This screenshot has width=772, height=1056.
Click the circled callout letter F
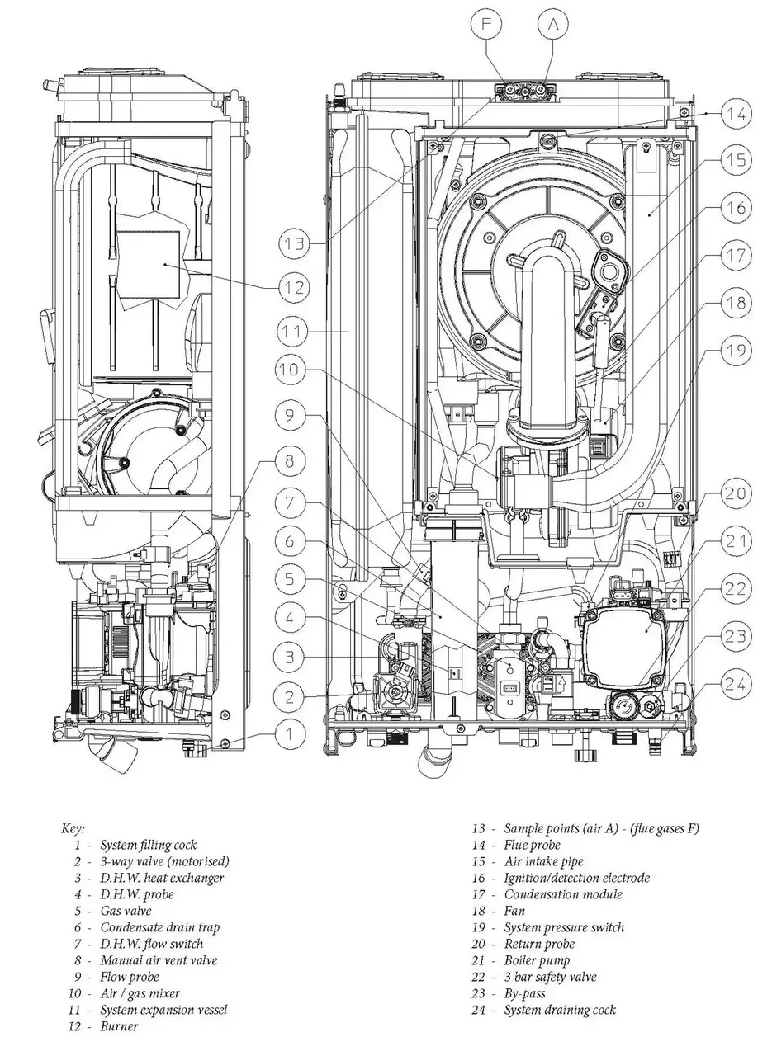tap(486, 24)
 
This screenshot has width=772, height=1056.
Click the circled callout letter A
tap(553, 24)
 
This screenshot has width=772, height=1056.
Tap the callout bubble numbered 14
tap(736, 114)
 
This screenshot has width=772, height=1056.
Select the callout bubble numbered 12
tap(294, 287)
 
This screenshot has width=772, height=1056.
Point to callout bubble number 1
tap(290, 733)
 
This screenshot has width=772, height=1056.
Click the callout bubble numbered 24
tap(736, 684)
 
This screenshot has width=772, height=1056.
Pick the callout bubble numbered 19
tap(736, 351)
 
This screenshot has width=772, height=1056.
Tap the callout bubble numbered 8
tap(290, 461)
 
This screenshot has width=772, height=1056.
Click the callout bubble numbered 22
tap(736, 589)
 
